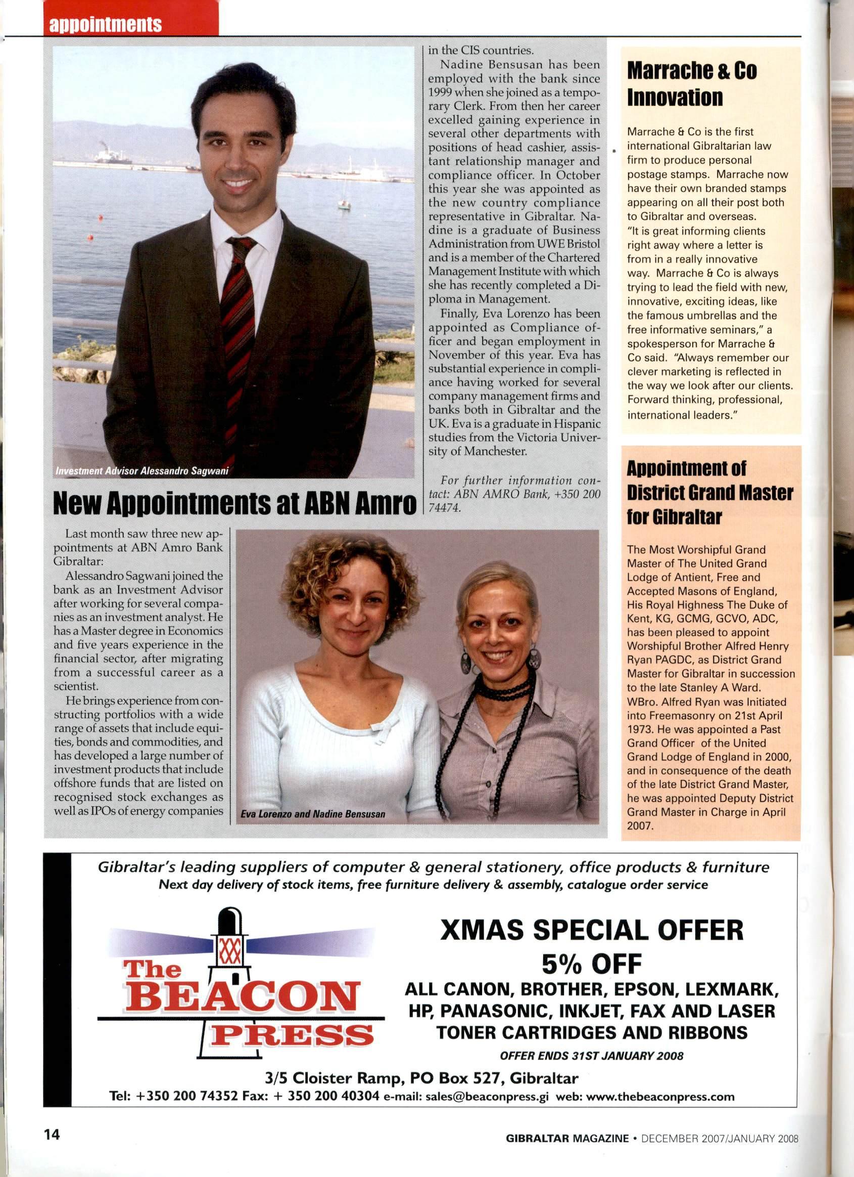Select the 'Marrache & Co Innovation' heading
(692, 84)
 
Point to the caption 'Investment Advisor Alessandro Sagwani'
(142, 471)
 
